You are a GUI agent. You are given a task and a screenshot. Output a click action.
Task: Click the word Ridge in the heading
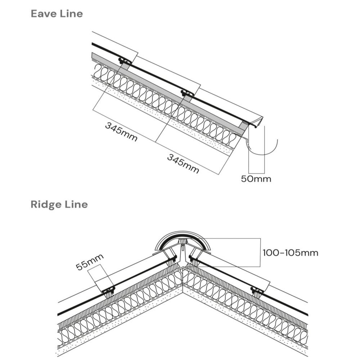(x=45, y=204)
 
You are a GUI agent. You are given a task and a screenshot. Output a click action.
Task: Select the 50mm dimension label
(x=256, y=179)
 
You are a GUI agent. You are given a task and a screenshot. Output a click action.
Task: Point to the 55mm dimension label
(x=90, y=262)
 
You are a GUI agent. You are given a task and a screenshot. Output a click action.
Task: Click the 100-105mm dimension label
(x=290, y=253)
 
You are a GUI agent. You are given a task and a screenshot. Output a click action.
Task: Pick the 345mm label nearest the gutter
(x=183, y=163)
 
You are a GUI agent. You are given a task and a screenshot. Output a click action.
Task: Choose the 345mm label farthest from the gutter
(x=121, y=132)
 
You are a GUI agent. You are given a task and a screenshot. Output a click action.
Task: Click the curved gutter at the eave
(x=266, y=153)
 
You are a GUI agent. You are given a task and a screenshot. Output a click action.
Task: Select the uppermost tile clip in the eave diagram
(x=125, y=61)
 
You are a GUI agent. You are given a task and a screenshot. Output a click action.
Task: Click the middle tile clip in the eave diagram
(x=187, y=94)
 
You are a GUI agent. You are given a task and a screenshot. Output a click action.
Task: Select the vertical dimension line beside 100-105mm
(x=260, y=252)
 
